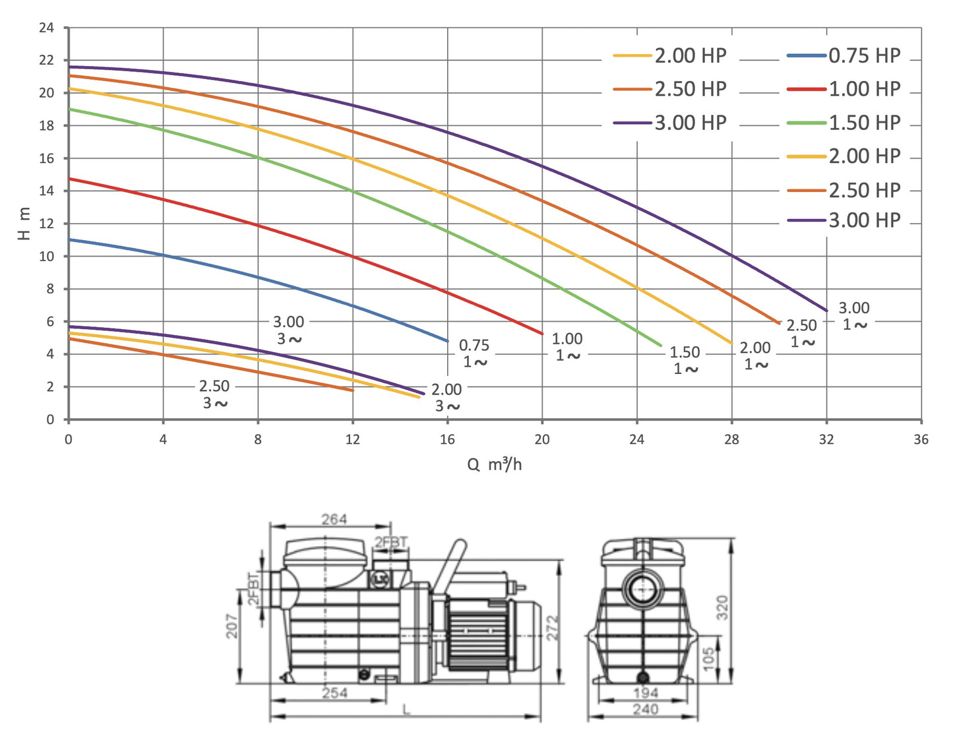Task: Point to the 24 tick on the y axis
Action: coord(46,28)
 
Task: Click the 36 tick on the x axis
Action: coord(921,439)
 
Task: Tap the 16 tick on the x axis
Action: coord(447,439)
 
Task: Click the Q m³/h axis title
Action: coord(494,465)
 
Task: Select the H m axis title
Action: coord(24,223)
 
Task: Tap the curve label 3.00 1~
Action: coord(854,316)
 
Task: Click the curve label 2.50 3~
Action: coord(214,394)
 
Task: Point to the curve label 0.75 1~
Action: coord(474,354)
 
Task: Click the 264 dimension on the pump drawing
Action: coord(334,520)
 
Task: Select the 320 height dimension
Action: coord(723,607)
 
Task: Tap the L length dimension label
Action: coord(406,710)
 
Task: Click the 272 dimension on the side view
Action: coord(553,627)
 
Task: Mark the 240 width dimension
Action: coord(645,710)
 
